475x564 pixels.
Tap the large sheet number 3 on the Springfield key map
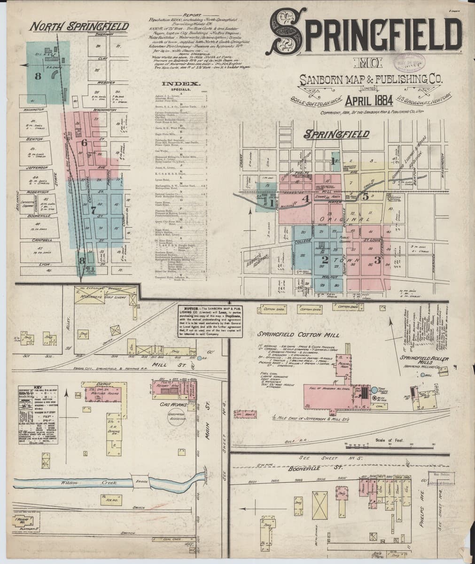377,259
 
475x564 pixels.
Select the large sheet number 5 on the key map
365,196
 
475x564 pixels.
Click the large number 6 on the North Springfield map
85,142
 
